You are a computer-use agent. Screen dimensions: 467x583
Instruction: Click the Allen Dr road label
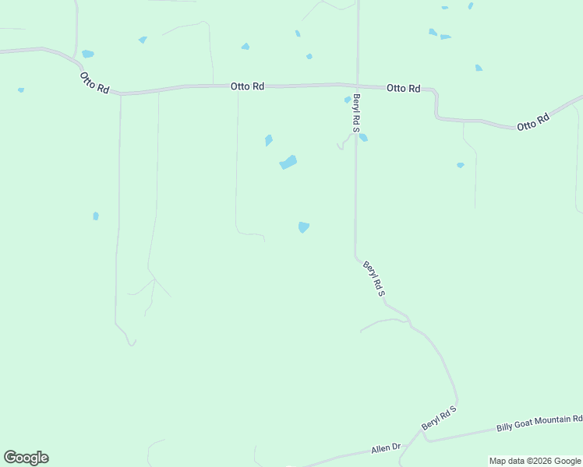[x=385, y=448]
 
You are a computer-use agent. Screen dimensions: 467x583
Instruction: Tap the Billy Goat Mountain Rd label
[x=539, y=423]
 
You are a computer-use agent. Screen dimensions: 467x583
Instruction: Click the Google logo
[x=26, y=458]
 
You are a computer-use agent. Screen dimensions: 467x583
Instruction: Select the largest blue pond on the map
[x=288, y=163]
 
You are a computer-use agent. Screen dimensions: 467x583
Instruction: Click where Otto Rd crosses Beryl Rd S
[x=357, y=86]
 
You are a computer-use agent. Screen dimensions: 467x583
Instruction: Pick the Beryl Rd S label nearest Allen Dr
[x=439, y=418]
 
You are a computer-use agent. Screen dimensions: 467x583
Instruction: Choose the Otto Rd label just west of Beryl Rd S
[x=247, y=86]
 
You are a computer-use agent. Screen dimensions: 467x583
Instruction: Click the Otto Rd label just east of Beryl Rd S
[x=404, y=89]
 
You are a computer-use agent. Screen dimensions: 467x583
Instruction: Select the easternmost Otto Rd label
[x=533, y=122]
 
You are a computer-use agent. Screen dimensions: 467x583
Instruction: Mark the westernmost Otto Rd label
[x=94, y=83]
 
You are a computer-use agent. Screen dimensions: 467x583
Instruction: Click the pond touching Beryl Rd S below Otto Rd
[x=363, y=138]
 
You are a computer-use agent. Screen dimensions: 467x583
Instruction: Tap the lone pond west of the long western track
[x=96, y=216]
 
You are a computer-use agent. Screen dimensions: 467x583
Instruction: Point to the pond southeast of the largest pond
[x=303, y=227]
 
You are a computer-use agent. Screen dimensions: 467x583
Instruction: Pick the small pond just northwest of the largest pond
[x=269, y=140]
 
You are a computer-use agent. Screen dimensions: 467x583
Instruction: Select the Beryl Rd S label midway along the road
[x=375, y=278]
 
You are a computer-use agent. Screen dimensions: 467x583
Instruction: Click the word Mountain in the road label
[x=550, y=421]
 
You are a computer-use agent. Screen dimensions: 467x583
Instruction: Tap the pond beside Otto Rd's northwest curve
[x=87, y=54]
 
